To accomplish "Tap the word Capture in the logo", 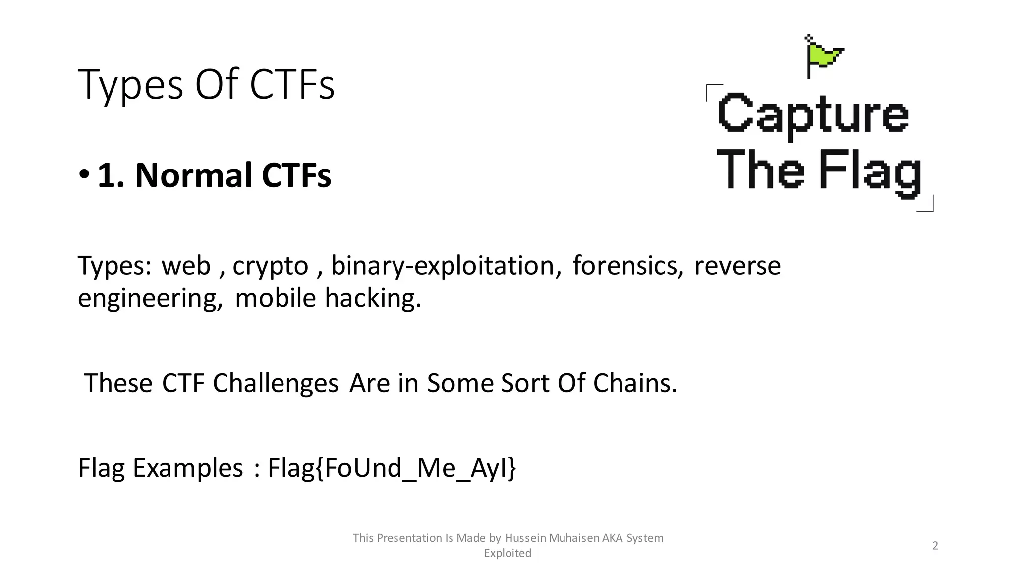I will point(813,115).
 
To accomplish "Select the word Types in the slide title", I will point(130,85).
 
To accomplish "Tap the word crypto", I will point(270,266).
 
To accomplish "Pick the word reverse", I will point(737,266).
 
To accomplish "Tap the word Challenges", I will point(276,383).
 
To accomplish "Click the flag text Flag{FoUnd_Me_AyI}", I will point(392,468).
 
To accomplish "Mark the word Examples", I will point(188,468).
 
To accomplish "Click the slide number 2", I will point(935,546).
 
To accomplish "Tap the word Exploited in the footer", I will point(507,553).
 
